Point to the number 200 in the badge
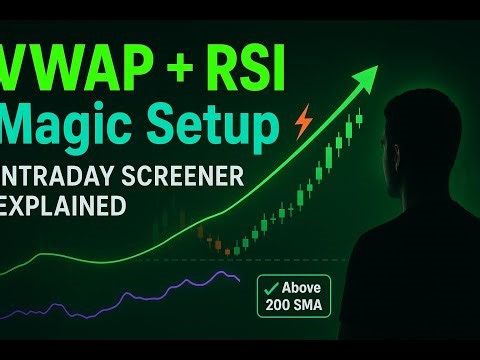coord(280,302)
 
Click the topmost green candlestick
coord(359,119)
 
